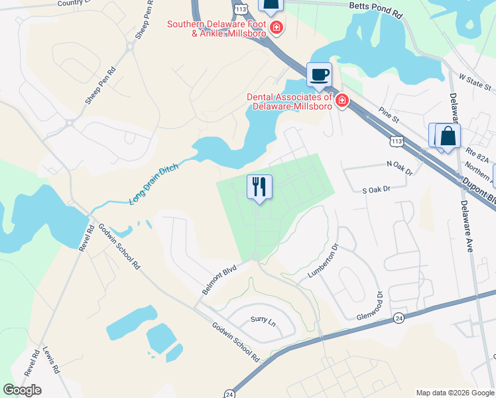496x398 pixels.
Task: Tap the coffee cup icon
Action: (319, 74)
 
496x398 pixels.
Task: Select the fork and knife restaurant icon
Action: (260, 186)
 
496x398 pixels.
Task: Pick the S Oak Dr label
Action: (378, 190)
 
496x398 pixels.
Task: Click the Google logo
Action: (22, 389)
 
